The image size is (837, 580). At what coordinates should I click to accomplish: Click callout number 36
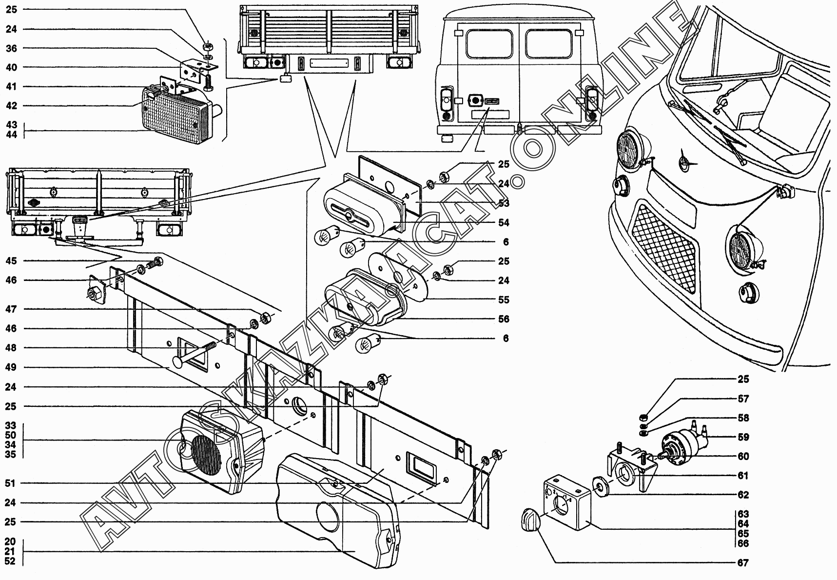coord(11,48)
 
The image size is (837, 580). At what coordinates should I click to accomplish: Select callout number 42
coord(11,106)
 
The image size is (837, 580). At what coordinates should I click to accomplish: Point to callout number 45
coord(11,261)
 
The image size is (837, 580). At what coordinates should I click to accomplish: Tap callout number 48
coord(11,348)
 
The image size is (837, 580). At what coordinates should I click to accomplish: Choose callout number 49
coord(11,367)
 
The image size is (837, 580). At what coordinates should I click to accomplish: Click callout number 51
coord(11,483)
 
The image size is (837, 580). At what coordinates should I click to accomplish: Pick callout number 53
coord(504,203)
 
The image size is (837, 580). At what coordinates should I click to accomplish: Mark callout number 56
coord(504,319)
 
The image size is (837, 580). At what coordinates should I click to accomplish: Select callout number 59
coord(743,437)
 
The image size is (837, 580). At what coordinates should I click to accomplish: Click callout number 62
coord(743,495)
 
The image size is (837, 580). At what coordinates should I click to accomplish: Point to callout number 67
coord(743,562)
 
